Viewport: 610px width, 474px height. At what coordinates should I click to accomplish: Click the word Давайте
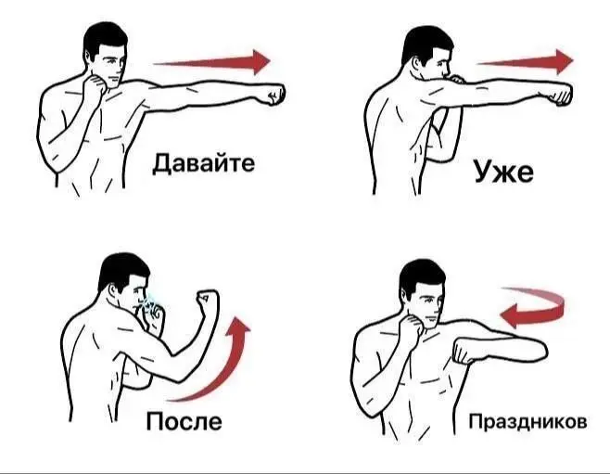click(202, 165)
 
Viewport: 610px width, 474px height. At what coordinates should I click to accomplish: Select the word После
click(184, 422)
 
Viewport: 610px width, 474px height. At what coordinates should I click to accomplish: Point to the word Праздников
click(527, 423)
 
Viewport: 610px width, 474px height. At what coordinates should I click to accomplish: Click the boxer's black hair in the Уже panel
click(422, 42)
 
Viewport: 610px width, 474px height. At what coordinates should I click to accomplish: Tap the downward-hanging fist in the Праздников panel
click(464, 353)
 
